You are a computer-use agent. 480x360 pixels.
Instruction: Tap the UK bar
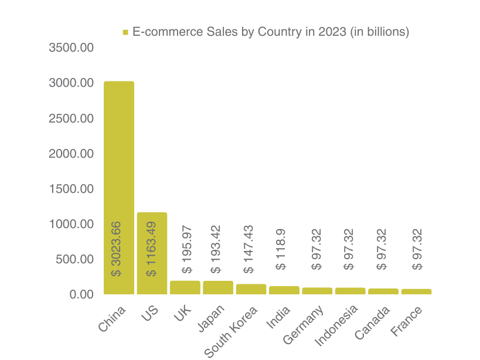pyautogui.click(x=185, y=287)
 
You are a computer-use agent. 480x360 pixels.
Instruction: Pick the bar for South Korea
pyautogui.click(x=251, y=289)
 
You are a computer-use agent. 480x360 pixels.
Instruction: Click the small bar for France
pyautogui.click(x=416, y=291)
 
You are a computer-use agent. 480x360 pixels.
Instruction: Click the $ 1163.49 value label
pyautogui.click(x=151, y=249)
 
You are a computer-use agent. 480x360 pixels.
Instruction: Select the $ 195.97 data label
pyautogui.click(x=187, y=249)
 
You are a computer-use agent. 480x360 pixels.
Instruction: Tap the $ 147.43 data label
pyautogui.click(x=248, y=249)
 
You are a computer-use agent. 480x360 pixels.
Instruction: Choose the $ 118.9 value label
pyautogui.click(x=281, y=249)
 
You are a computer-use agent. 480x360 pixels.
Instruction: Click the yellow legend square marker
pyautogui.click(x=125, y=32)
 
